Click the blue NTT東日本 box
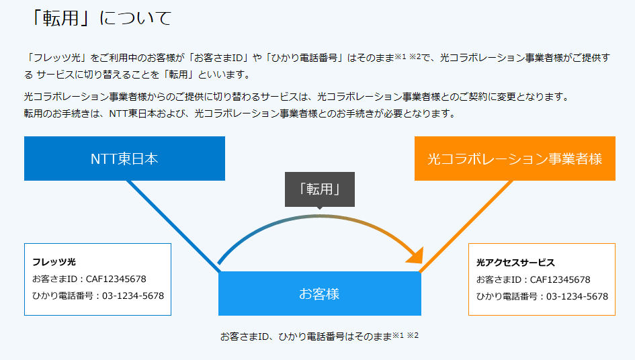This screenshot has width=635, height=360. click(x=124, y=159)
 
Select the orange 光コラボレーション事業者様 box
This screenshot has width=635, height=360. click(x=515, y=159)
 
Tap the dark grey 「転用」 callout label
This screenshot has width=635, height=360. click(x=320, y=189)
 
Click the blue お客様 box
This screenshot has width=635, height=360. click(x=320, y=294)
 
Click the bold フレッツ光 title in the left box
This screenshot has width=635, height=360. click(x=54, y=261)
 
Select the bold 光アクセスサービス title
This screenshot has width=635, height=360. click(x=515, y=263)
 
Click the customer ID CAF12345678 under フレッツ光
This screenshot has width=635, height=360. click(x=116, y=279)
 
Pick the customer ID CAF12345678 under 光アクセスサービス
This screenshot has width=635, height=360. click(x=560, y=279)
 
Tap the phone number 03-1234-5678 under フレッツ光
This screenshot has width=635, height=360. click(x=133, y=296)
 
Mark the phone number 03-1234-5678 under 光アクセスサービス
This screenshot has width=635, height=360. click(x=577, y=296)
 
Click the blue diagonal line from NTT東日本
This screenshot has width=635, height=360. click(x=174, y=226)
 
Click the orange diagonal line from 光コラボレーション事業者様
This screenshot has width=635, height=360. click(x=466, y=226)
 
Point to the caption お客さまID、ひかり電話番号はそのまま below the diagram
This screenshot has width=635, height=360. click(x=306, y=336)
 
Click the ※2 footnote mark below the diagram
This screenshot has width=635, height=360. click(x=413, y=335)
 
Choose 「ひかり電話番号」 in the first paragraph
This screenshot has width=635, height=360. click(x=304, y=58)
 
